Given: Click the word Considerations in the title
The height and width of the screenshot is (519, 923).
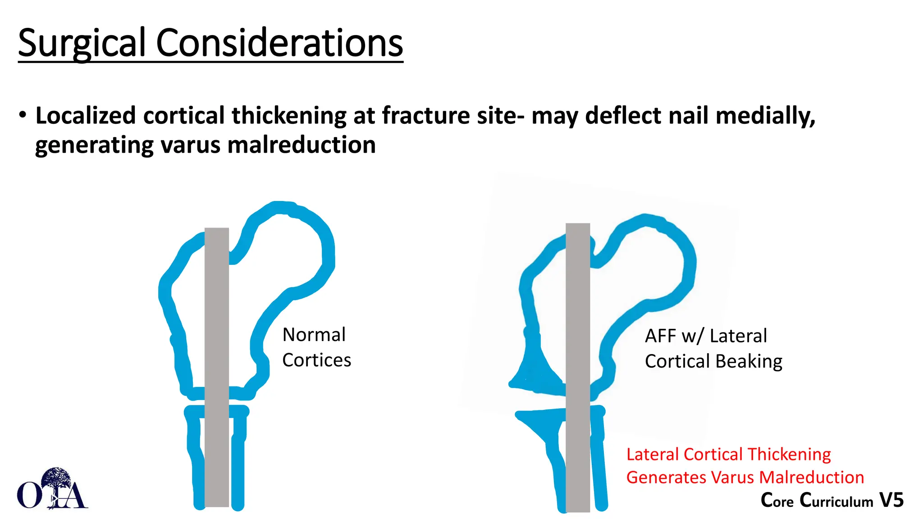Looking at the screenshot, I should point(279,43).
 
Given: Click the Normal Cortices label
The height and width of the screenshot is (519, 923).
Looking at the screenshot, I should point(316,347).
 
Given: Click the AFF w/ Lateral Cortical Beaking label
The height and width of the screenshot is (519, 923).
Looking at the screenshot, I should point(713,349).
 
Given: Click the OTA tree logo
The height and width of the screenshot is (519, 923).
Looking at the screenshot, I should point(53,489).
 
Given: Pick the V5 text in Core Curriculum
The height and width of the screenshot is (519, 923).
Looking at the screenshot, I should point(891,500).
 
